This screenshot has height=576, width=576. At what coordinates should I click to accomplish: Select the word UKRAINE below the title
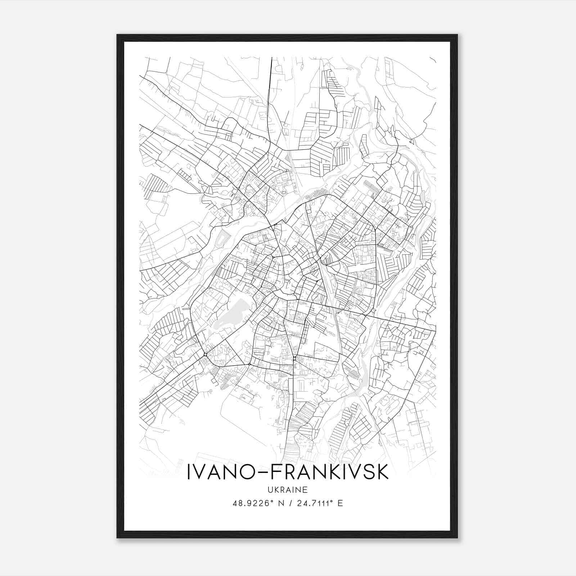coord(288,490)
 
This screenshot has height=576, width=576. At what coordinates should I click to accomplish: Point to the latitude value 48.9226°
coord(251,503)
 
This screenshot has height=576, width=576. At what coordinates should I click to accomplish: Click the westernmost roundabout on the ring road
coord(205,355)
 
